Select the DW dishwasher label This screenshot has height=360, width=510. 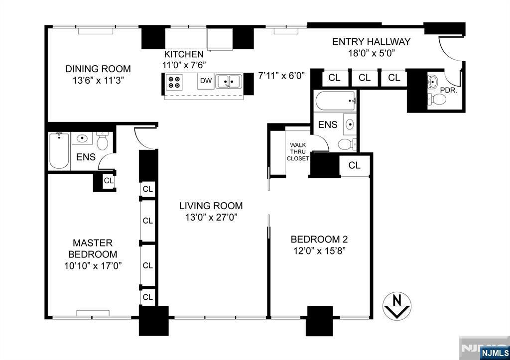[x=205, y=81]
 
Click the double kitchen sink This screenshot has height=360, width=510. [x=229, y=81]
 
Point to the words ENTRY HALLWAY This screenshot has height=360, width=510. [x=371, y=42]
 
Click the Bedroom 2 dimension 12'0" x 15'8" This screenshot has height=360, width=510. [x=318, y=250]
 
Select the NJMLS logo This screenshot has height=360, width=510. [x=495, y=353]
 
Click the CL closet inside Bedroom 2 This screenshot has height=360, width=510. [x=354, y=165]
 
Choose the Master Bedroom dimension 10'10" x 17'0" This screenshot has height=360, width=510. [x=93, y=266]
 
